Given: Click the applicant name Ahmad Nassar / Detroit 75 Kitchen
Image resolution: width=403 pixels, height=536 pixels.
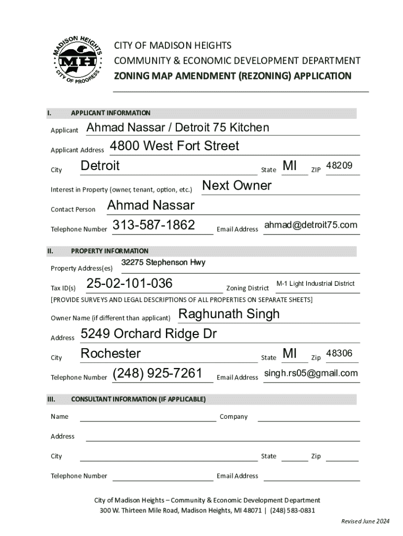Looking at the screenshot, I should tap(177, 128).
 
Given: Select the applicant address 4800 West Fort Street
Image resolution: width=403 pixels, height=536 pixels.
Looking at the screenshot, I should tap(174, 146).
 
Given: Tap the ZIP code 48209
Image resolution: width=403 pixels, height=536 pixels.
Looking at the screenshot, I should tap(339, 166).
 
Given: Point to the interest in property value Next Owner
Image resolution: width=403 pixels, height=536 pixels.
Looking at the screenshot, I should tap(237, 186).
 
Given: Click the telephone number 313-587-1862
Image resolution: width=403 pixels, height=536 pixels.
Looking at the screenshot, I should tap(154, 225).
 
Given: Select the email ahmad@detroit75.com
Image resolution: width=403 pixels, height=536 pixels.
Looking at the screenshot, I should tap(311, 225).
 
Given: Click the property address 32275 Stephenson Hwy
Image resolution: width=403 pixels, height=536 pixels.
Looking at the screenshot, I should tap(163, 262).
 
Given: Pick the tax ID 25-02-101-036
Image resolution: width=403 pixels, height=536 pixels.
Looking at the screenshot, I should tap(129, 284).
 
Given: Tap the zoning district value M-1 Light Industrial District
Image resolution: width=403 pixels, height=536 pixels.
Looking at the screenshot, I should tap(315, 284).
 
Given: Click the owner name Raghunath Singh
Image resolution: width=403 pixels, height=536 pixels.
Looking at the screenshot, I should tap(229, 314).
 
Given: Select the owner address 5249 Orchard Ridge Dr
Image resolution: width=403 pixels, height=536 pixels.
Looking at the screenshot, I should tap(149, 334).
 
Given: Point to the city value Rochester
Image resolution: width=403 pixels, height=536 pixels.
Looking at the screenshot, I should tap(110, 354).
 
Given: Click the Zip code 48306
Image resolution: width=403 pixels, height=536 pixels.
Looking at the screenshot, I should tap(339, 354).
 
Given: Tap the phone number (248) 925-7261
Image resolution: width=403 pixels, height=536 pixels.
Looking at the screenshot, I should tap(157, 374).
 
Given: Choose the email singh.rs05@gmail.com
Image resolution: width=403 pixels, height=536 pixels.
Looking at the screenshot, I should tap(311, 373).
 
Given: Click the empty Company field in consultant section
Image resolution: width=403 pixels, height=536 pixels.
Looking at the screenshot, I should tap(308, 417).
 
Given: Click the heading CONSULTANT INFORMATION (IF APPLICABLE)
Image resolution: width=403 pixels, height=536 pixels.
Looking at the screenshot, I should tap(138, 399).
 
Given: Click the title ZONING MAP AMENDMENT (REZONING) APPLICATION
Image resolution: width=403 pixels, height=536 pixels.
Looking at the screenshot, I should tap(232, 76).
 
